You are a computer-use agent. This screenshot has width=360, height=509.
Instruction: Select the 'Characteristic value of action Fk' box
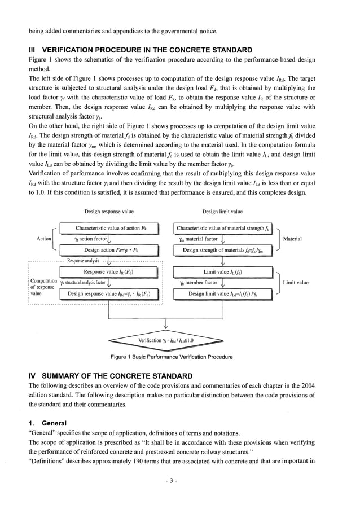click(x=111, y=229)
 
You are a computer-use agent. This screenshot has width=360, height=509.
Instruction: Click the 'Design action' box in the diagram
click(x=111, y=250)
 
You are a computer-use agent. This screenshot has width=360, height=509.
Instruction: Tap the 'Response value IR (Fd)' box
click(x=111, y=272)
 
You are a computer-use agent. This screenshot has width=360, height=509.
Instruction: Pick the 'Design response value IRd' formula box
click(x=111, y=293)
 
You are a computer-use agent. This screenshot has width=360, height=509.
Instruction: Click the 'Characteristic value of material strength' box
click(x=223, y=229)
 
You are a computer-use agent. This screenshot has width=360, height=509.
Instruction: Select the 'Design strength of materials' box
click(x=223, y=250)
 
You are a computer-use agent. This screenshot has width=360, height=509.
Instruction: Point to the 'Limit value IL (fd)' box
click(x=223, y=272)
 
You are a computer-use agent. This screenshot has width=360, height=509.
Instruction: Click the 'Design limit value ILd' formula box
click(x=223, y=293)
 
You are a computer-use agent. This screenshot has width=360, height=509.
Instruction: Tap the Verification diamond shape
click(x=166, y=341)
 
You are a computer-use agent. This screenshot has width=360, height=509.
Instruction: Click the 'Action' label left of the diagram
click(x=44, y=239)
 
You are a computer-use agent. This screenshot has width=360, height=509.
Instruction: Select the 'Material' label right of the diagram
click(x=292, y=239)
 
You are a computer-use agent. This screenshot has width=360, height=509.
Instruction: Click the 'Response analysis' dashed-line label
click(x=83, y=261)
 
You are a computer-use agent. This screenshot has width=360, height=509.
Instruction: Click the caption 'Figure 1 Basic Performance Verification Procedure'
click(x=172, y=357)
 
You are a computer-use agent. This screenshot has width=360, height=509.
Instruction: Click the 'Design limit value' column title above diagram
click(x=222, y=212)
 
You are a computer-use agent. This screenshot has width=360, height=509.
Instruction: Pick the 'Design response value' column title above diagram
click(x=109, y=212)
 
